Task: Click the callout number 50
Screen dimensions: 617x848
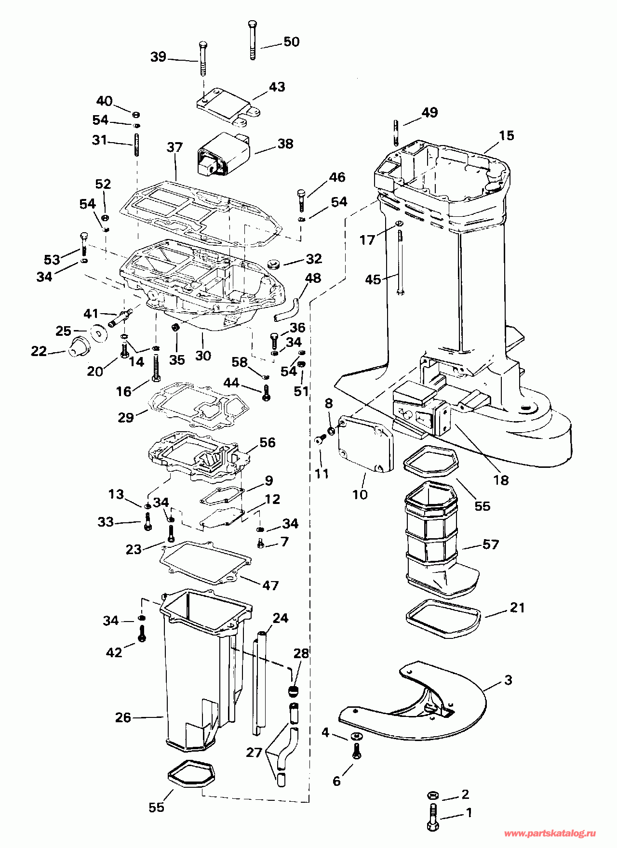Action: (291, 41)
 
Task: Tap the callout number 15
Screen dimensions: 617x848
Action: (506, 135)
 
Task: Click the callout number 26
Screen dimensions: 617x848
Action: (123, 717)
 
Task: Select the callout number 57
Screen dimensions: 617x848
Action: (490, 544)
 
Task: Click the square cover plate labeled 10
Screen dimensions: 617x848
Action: (365, 444)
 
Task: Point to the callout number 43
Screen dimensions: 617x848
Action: (277, 87)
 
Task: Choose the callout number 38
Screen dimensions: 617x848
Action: (285, 144)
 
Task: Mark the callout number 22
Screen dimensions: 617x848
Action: (39, 351)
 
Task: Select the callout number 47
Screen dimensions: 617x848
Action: (270, 585)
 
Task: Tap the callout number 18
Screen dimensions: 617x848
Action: (501, 480)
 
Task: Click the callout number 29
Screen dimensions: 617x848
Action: (126, 417)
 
